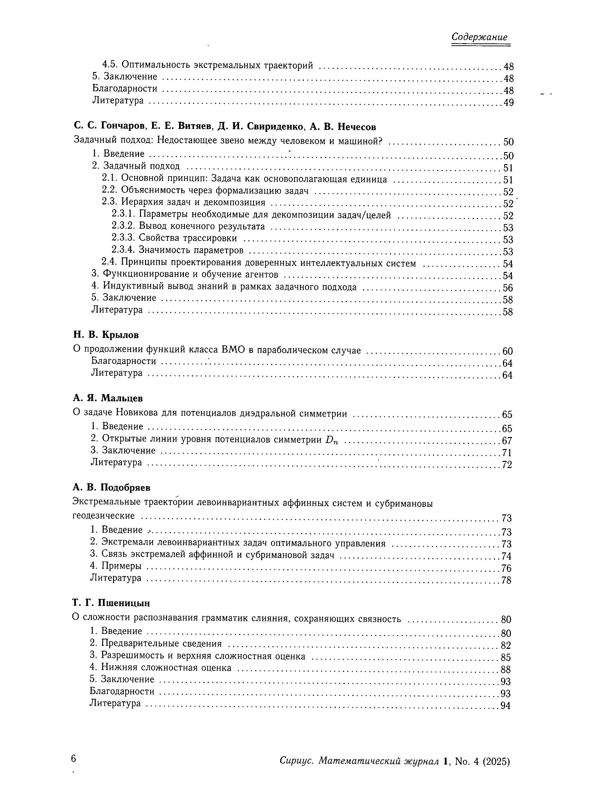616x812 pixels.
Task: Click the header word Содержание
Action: click(479, 37)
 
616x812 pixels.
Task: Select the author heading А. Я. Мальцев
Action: click(107, 398)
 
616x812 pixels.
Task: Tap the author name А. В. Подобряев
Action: click(112, 488)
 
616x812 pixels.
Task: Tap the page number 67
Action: click(507, 441)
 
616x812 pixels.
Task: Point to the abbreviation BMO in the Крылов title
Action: click(233, 350)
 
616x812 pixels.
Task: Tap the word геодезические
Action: click(104, 516)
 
